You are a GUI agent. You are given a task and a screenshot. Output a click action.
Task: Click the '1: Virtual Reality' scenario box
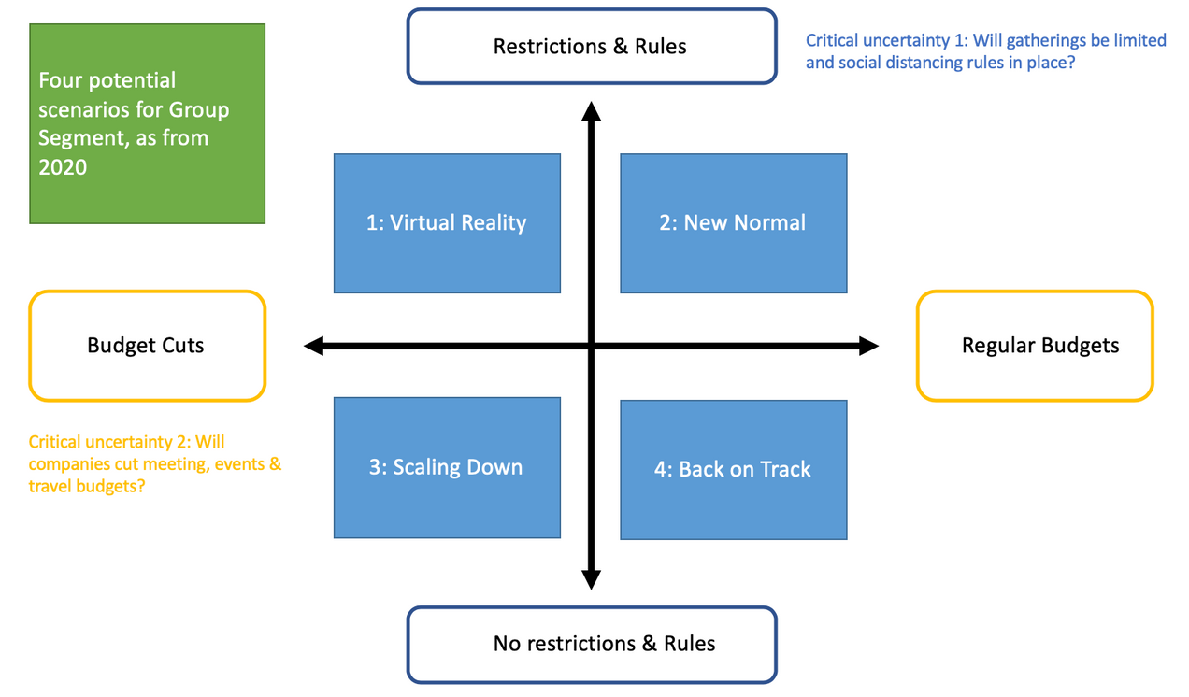coord(447,223)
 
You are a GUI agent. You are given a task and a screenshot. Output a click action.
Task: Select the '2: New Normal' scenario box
coord(733,223)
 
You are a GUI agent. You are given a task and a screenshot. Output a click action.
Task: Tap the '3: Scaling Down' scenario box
coord(447,467)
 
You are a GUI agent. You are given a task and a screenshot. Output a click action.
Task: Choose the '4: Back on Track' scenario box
coord(733,469)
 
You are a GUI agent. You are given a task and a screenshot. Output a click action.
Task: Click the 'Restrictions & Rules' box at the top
coord(591,47)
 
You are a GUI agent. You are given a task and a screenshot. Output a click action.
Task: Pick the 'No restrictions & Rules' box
coord(591,644)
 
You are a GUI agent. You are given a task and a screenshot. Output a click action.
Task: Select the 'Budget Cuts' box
coord(147,346)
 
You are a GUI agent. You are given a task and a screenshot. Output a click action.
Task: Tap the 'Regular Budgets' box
coord(1034,346)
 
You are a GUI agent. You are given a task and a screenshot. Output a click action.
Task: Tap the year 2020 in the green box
coord(63,167)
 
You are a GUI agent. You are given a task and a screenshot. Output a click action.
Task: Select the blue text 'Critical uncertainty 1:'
coord(883,41)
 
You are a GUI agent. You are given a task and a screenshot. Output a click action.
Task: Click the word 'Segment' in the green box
coord(77,138)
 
